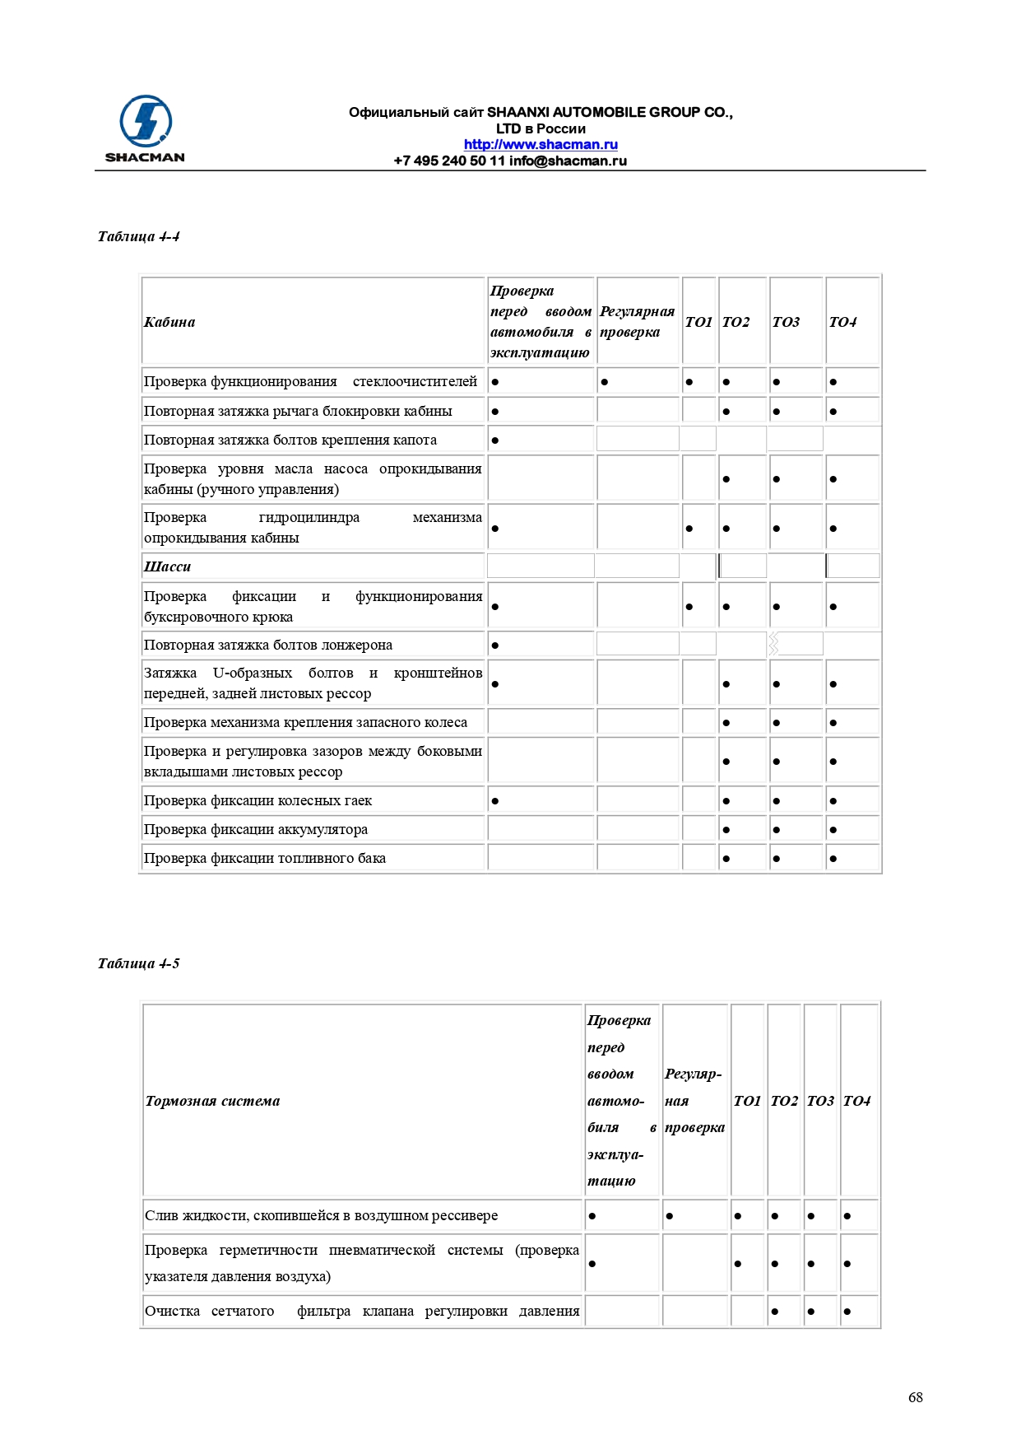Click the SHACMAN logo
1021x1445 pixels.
(x=145, y=128)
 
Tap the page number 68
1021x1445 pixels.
(x=915, y=1397)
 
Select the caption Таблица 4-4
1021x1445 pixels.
(x=138, y=236)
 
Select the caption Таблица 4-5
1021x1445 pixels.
(x=138, y=963)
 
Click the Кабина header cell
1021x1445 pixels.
(x=169, y=322)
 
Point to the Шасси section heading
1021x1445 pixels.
(x=167, y=566)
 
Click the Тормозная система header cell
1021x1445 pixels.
(x=212, y=1101)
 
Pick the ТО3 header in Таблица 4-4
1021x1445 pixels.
(x=786, y=322)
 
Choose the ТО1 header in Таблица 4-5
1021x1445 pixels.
(x=747, y=1101)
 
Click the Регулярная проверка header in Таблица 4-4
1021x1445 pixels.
(x=637, y=322)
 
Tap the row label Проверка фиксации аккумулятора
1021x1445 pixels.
(x=255, y=829)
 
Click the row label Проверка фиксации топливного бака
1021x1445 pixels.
(x=264, y=858)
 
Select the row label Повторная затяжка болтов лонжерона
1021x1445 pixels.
(x=267, y=645)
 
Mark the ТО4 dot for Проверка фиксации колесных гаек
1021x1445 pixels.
(x=833, y=801)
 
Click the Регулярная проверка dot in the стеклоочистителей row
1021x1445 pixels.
(x=605, y=382)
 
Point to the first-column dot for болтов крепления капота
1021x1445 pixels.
(x=495, y=440)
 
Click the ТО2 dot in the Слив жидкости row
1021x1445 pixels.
(x=775, y=1216)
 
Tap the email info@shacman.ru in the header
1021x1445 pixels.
(x=568, y=161)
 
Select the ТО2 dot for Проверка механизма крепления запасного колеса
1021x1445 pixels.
(x=726, y=723)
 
